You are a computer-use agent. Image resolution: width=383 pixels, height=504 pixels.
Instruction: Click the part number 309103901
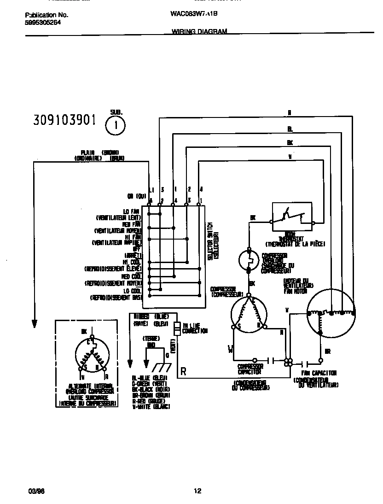[x=64, y=120]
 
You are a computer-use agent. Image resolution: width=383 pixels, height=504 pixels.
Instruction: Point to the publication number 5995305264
[x=43, y=22]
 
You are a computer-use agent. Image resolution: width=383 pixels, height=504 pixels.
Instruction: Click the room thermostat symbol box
[x=292, y=216]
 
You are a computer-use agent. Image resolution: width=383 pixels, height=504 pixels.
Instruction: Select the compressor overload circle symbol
[x=249, y=261]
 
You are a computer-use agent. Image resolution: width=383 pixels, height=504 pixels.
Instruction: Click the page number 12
[x=197, y=491]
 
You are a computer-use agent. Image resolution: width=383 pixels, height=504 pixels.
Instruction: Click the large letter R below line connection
[x=183, y=372]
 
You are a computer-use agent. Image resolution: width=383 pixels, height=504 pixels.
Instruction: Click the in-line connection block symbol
[x=176, y=329]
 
